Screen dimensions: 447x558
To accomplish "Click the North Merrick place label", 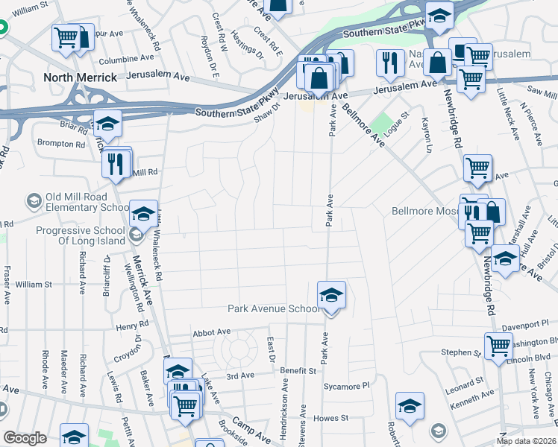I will click(x=80, y=77).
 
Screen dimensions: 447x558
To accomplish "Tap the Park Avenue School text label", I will click(x=273, y=308).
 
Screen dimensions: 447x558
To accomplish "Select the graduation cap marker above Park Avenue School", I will click(x=331, y=296).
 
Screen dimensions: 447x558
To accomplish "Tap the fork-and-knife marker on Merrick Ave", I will click(x=115, y=164).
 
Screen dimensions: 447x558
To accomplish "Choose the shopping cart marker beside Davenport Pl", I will click(x=498, y=345).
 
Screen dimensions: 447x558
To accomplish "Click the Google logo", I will click(x=25, y=438).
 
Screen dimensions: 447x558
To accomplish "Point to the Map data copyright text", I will click(x=527, y=441).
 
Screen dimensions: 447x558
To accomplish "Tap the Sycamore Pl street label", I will click(x=346, y=387).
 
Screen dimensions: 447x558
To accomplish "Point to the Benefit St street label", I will click(x=299, y=370).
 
